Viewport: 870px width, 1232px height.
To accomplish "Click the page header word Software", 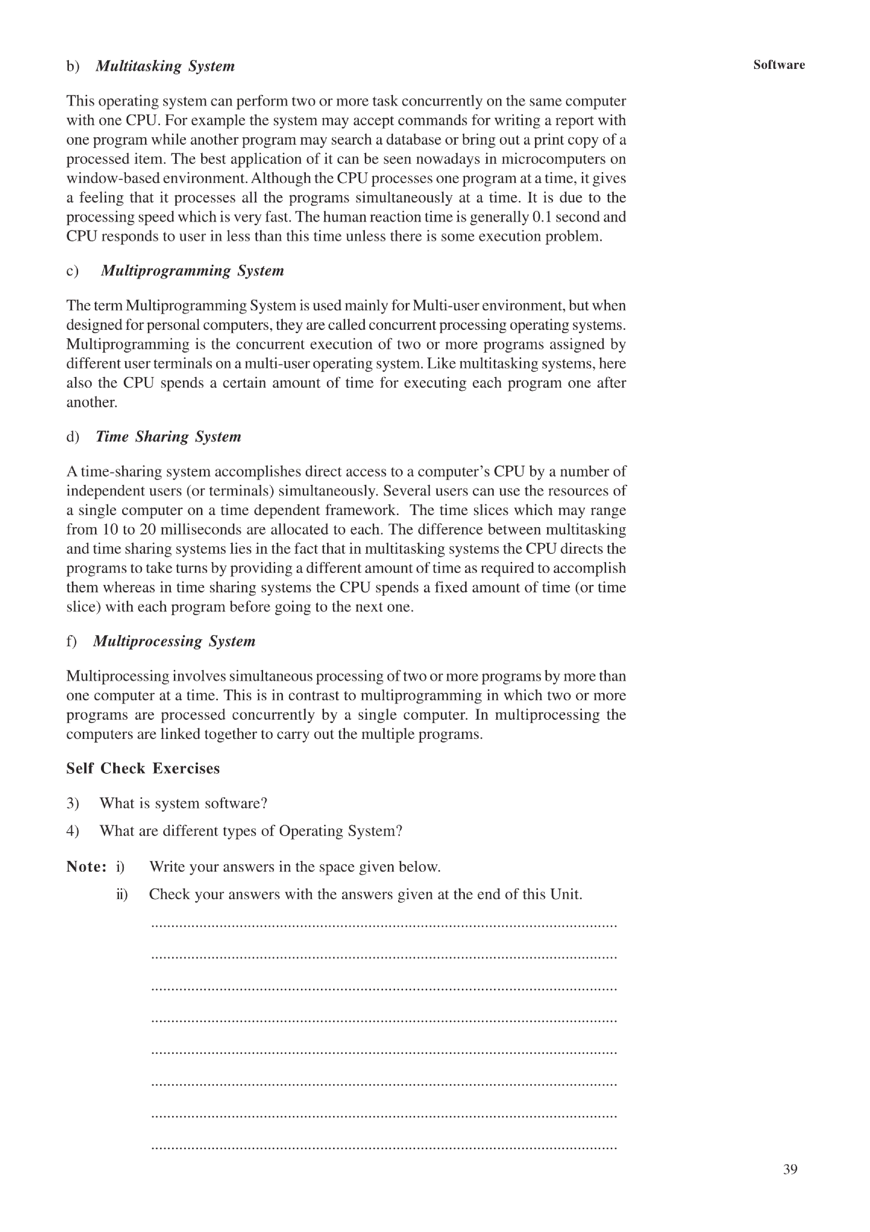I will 778,65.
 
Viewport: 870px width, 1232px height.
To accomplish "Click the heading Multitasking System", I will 165,66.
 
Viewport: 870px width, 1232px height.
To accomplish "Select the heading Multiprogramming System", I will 192,270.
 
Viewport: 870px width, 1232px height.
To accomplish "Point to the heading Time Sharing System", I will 168,436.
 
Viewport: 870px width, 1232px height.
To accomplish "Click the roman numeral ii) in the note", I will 122,894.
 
